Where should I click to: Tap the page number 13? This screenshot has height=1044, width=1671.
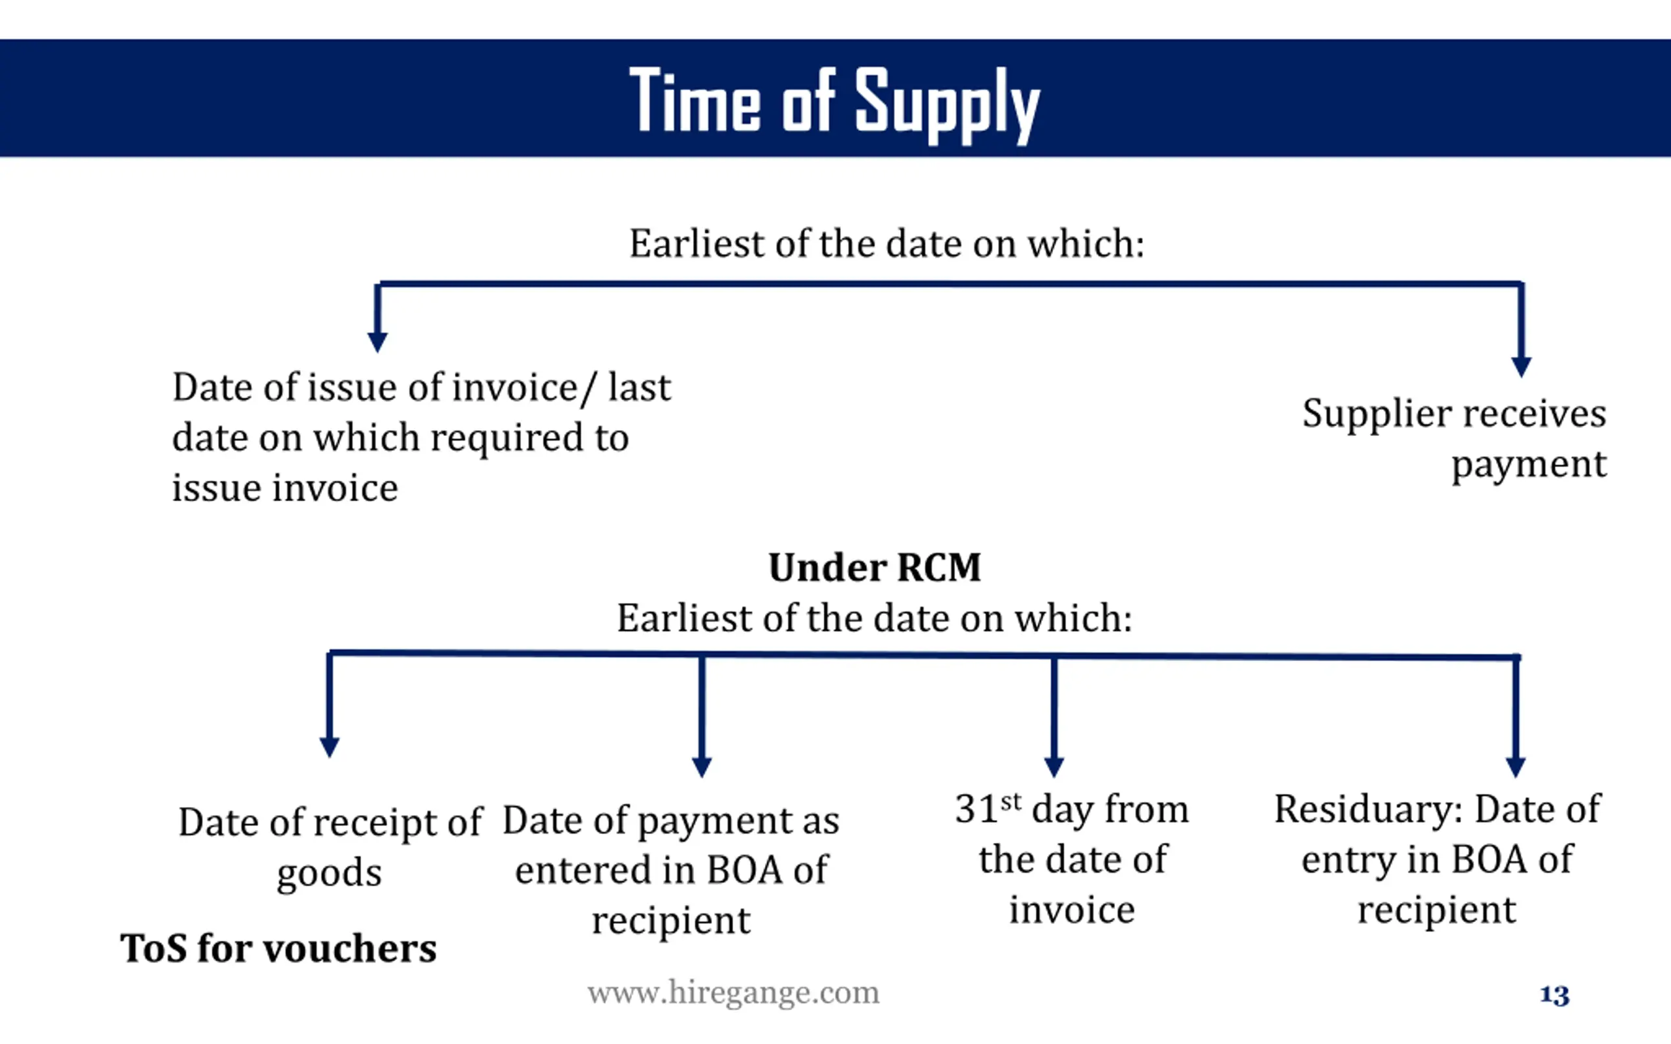(x=1554, y=995)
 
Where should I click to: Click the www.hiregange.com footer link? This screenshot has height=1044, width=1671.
(x=733, y=993)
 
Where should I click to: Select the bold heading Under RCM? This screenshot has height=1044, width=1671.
(x=874, y=568)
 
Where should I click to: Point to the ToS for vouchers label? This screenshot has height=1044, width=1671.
(x=278, y=948)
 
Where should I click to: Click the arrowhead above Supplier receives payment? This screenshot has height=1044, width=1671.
(x=1521, y=366)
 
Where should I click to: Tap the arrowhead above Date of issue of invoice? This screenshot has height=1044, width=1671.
(x=377, y=342)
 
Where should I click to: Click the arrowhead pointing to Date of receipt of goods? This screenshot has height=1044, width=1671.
(x=330, y=746)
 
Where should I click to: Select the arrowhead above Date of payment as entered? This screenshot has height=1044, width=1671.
(x=702, y=767)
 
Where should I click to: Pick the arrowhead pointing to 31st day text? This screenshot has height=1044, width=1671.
(x=1054, y=767)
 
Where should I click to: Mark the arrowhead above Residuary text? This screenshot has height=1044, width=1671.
(x=1516, y=767)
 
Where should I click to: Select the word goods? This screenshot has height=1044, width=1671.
(x=330, y=874)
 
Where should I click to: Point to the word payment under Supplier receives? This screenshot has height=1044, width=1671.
(x=1529, y=465)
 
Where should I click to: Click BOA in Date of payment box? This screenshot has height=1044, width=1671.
(x=745, y=870)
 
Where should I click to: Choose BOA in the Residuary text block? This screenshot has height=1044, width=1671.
(x=1489, y=859)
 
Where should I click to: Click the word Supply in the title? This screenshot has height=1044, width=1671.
(x=946, y=104)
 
